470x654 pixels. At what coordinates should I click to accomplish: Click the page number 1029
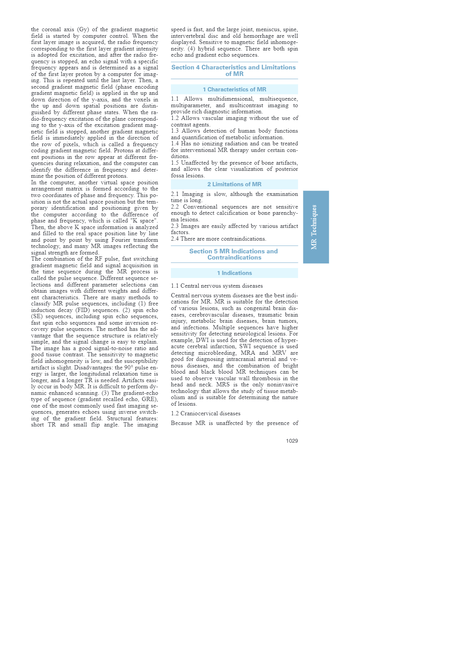[x=292, y=441]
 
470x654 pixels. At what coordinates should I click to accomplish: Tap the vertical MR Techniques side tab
[x=316, y=227]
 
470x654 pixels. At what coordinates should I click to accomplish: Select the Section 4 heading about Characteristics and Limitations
[x=234, y=71]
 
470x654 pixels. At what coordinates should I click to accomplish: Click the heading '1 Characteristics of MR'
[x=234, y=89]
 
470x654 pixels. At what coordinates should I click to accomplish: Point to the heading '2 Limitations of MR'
[x=234, y=184]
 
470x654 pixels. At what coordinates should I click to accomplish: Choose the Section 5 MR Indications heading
[x=234, y=255]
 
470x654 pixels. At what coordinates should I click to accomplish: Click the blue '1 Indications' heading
[x=234, y=273]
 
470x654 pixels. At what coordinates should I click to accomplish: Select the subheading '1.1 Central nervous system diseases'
[x=217, y=286]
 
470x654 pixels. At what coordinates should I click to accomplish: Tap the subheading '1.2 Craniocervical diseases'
[x=206, y=414]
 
